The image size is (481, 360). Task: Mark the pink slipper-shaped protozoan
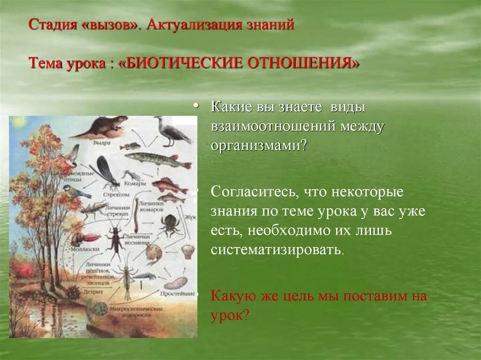(x=176, y=283)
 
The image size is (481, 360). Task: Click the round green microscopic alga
(x=101, y=309)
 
